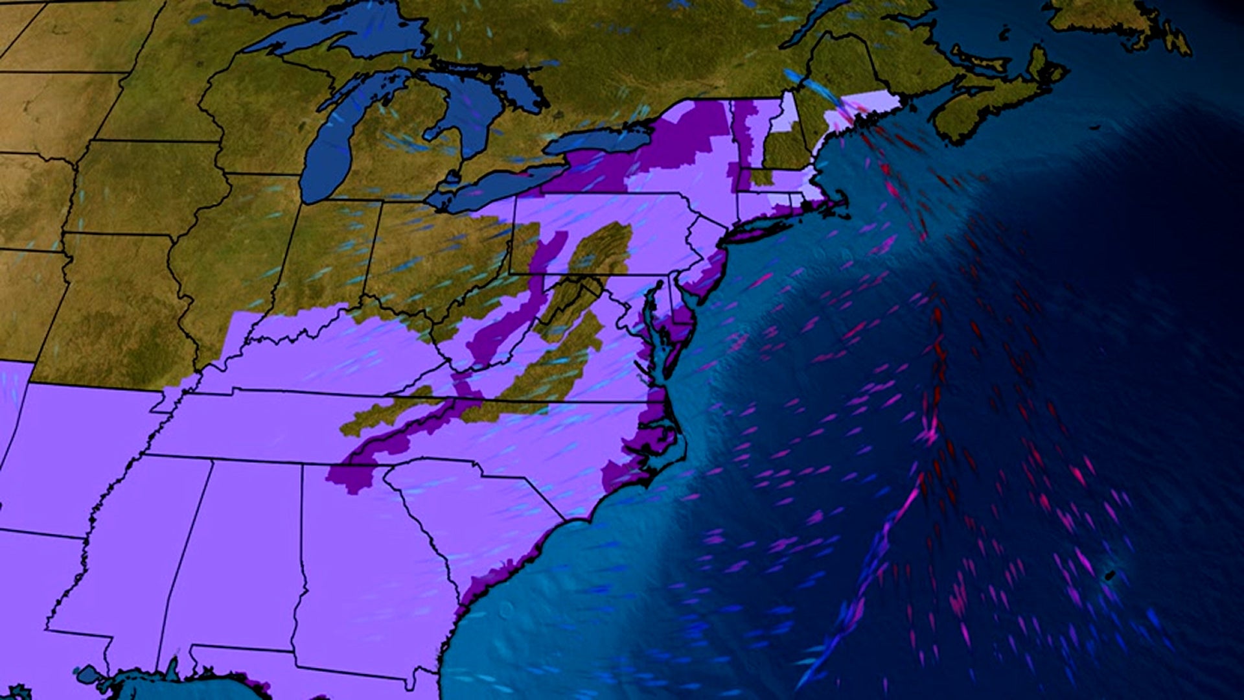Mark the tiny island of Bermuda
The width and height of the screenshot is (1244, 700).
click(1109, 574)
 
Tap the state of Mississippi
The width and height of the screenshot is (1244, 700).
click(130, 564)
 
